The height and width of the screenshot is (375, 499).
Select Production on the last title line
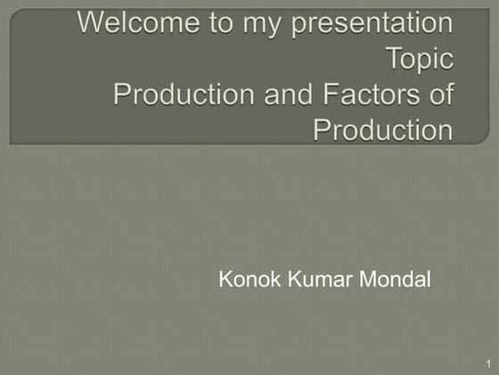(x=384, y=129)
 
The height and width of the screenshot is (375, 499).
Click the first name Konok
(x=245, y=280)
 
